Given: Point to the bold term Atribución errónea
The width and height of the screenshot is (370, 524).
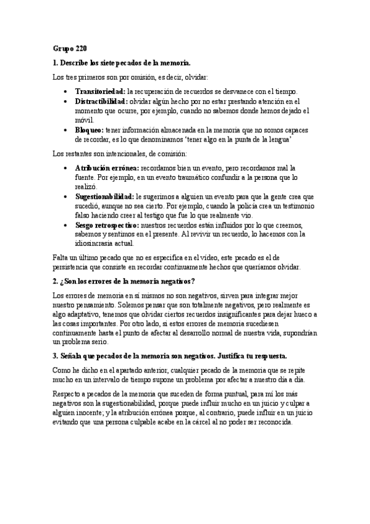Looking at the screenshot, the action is click(x=107, y=167).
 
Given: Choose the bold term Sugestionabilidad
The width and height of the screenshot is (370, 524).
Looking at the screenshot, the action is click(x=104, y=196).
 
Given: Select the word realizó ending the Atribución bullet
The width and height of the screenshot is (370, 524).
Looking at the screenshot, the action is click(x=86, y=186).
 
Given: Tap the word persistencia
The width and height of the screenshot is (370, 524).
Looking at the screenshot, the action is click(x=69, y=267).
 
